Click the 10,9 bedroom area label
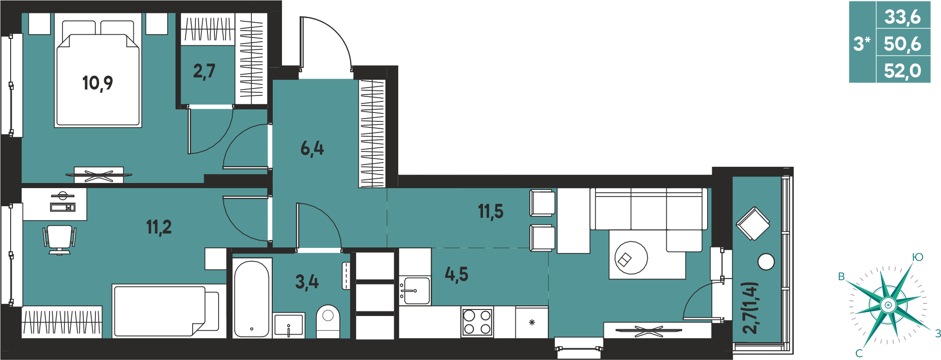coord(98,83)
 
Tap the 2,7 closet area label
coord(204,71)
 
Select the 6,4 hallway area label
coord(312,149)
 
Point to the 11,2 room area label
coord(159,227)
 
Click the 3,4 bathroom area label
coord(307,282)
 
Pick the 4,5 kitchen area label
coord(457,274)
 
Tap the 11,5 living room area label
coord(490,211)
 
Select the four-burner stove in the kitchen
coord(477,322)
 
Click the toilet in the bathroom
coord(328,321)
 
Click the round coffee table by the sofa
coord(631,258)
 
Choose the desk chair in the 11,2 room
coord(60,239)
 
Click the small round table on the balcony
coord(766,262)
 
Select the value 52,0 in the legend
coord(903,71)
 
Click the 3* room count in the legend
coord(862,44)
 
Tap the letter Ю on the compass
coord(917,257)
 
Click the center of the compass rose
coord(888,305)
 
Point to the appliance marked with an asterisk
coord(532,322)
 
